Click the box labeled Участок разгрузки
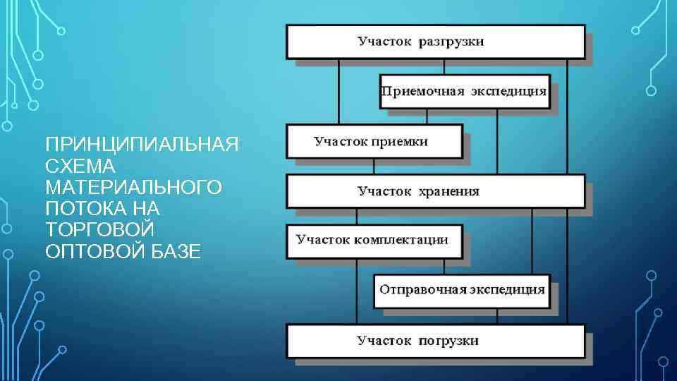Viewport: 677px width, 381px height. point(435,42)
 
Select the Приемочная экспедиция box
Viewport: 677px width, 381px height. point(464,91)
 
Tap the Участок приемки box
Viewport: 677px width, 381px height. point(374,141)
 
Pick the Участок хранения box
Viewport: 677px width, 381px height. point(435,191)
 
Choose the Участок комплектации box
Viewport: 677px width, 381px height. point(374,241)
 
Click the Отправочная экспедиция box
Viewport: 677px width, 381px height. point(462,289)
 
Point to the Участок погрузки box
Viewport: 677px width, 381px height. point(435,341)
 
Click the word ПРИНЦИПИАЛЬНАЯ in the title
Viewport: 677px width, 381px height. point(141,145)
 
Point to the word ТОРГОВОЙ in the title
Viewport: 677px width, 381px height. point(99,231)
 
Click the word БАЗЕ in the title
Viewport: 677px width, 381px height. point(177,252)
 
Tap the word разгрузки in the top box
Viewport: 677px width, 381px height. point(452,42)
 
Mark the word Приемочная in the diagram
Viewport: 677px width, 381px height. point(414,91)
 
